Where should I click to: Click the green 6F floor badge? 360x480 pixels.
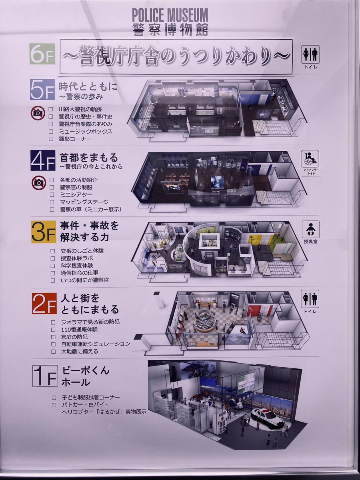[x=42, y=54]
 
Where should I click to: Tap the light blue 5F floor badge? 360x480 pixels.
[x=42, y=90]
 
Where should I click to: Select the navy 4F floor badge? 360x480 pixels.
[x=43, y=160]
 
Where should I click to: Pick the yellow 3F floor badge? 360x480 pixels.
[x=43, y=232]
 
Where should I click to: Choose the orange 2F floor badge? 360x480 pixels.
[x=44, y=303]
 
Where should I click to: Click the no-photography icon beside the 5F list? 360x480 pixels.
[x=38, y=113]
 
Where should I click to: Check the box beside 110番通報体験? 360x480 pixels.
[x=53, y=330]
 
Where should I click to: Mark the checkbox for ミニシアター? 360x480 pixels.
[x=52, y=194]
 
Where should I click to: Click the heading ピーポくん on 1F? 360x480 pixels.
[x=86, y=371]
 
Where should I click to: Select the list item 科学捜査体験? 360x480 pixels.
[x=77, y=266]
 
